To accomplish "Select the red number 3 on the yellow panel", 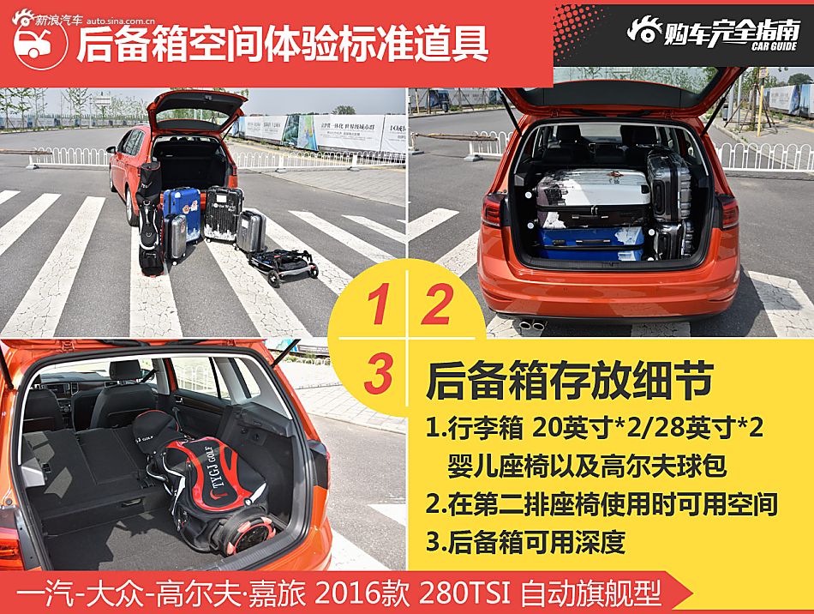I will [378, 374].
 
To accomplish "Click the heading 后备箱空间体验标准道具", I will [282, 44].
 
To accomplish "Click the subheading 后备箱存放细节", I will [569, 381].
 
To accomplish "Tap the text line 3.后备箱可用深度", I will [525, 542].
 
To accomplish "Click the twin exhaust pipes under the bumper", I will [532, 325].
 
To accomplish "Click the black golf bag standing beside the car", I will [151, 219].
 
